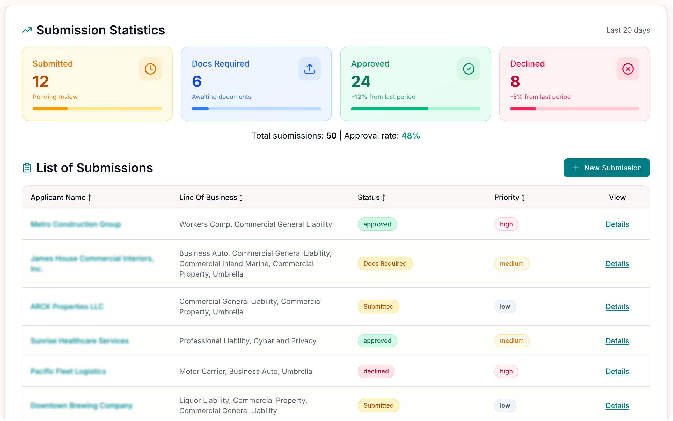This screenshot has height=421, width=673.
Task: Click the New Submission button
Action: pyautogui.click(x=606, y=168)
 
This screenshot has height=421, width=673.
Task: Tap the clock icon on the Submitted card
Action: pyautogui.click(x=150, y=69)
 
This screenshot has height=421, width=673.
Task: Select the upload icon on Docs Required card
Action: pyautogui.click(x=309, y=69)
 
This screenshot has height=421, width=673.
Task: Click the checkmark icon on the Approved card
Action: pyautogui.click(x=469, y=69)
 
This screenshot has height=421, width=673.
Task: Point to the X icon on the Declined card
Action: pyautogui.click(x=628, y=69)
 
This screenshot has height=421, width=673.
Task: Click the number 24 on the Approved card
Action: pyautogui.click(x=361, y=82)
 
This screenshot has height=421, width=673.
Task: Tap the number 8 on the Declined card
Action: pyautogui.click(x=515, y=82)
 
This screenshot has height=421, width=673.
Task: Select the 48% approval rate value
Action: pyautogui.click(x=411, y=136)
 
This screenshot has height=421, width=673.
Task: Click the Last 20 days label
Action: pyautogui.click(x=628, y=30)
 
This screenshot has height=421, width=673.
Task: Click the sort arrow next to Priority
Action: pyautogui.click(x=523, y=198)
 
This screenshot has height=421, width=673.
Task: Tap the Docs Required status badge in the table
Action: pyautogui.click(x=385, y=263)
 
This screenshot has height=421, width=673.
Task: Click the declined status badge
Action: pyautogui.click(x=376, y=371)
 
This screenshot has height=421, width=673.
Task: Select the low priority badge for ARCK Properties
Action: pyautogui.click(x=505, y=307)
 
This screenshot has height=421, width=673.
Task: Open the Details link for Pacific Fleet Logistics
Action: pyautogui.click(x=617, y=371)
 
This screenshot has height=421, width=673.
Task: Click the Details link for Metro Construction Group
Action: pyautogui.click(x=617, y=224)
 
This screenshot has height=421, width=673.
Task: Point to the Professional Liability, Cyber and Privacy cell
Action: pyautogui.click(x=248, y=341)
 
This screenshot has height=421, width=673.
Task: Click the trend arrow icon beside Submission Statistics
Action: pyautogui.click(x=27, y=30)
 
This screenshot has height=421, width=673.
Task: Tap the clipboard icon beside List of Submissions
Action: pyautogui.click(x=27, y=168)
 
